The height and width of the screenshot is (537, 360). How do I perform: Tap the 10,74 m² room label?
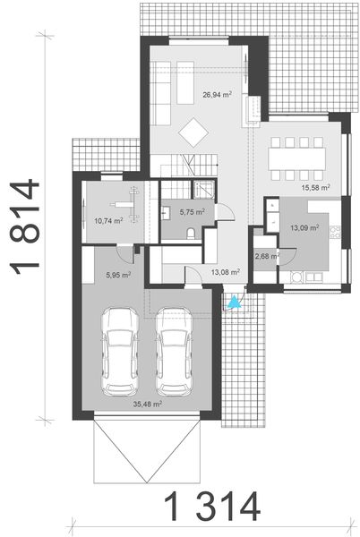(107, 218)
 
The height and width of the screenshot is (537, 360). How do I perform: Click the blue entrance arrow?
(235, 303)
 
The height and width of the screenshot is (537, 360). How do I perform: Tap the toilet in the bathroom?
(192, 232)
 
